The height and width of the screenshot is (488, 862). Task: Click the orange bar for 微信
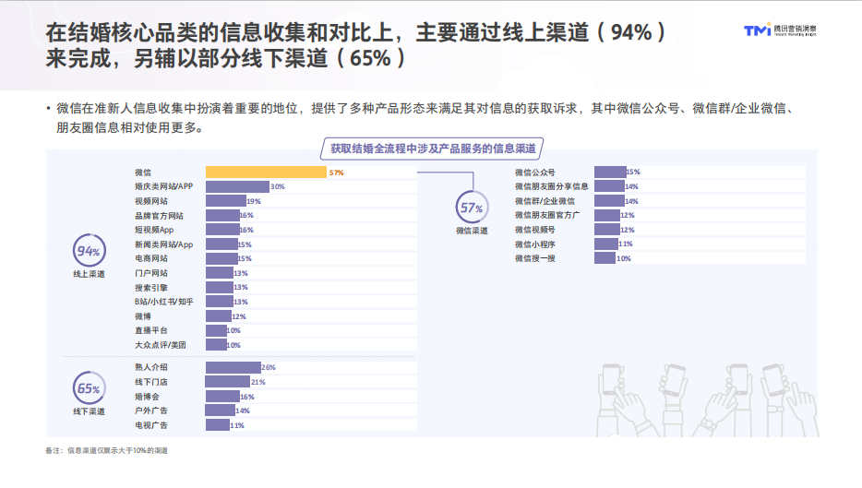pos(266,173)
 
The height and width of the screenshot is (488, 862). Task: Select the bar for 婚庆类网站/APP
pos(237,186)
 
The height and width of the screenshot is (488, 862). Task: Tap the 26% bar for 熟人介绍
pos(233,367)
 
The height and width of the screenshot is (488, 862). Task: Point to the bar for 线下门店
pos(228,382)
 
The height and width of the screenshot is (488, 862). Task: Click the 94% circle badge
pos(89,252)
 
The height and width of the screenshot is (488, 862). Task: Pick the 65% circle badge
pos(89,388)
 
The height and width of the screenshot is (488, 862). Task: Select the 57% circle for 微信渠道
pos(472,208)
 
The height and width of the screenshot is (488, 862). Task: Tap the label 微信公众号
pos(535,173)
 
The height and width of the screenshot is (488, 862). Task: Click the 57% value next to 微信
pos(336,173)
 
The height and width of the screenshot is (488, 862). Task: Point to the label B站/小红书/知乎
pos(164,302)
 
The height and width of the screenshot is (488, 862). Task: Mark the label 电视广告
pos(150,425)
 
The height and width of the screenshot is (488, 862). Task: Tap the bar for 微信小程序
pos(606,244)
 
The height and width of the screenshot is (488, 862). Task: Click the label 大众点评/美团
pos(160,345)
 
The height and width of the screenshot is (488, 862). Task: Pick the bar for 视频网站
pos(226,201)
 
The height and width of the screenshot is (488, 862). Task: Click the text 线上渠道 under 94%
pos(89,275)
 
